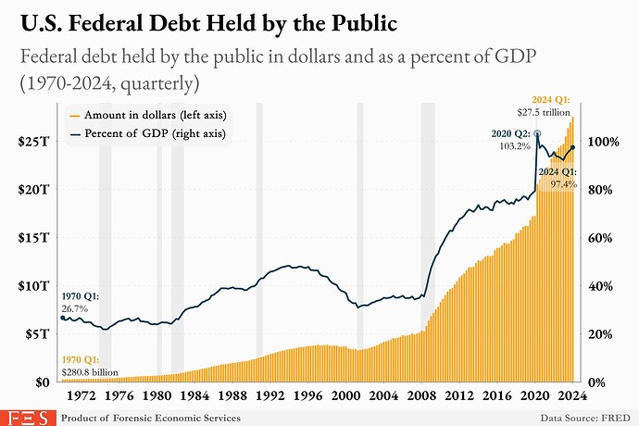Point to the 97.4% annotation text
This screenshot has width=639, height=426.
point(563,184)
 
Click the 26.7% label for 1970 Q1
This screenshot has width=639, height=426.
point(74,307)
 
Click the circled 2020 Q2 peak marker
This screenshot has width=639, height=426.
point(537,134)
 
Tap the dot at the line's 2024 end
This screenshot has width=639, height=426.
point(573,147)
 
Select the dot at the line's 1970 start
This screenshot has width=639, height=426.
point(62,318)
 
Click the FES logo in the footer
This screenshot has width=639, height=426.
point(26,417)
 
